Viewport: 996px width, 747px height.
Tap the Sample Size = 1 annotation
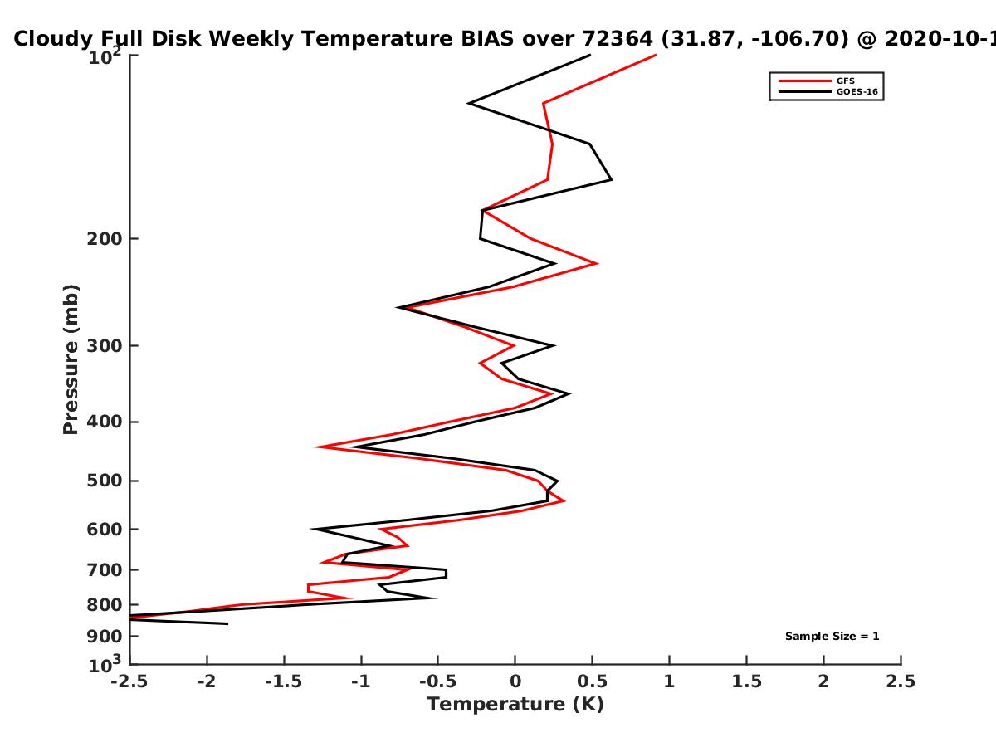(832, 637)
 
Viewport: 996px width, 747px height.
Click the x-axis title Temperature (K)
(515, 705)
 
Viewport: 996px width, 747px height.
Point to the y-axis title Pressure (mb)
(71, 359)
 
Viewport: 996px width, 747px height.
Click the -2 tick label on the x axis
(207, 681)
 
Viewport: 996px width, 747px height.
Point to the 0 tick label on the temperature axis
(515, 681)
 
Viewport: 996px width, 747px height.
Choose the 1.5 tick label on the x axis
(746, 681)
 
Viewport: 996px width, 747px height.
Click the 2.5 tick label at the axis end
(901, 681)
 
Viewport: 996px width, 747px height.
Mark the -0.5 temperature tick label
(438, 681)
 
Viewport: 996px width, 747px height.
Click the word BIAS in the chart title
(488, 39)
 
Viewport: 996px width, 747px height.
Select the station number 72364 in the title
(618, 39)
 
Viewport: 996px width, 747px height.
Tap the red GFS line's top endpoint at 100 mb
(656, 56)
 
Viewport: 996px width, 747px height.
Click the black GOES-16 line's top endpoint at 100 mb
(590, 56)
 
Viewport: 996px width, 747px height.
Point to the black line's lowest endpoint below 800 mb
(227, 624)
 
